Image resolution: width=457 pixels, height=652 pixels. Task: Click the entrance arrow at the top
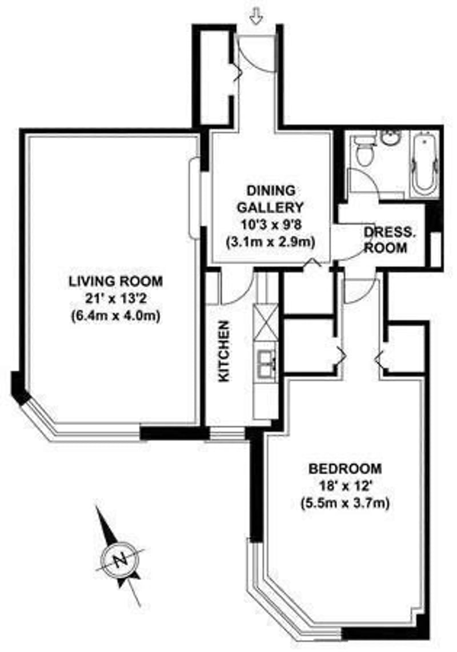coord(256,18)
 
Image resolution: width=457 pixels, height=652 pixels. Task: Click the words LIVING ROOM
coord(116,281)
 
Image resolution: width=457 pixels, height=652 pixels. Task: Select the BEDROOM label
coord(345,469)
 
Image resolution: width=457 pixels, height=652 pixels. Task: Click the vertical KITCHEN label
coord(224,351)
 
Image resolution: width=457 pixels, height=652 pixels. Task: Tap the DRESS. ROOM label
coord(386,240)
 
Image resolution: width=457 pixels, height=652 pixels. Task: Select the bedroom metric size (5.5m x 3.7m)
coord(345,504)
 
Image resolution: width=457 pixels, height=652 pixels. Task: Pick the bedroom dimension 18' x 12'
coord(345,486)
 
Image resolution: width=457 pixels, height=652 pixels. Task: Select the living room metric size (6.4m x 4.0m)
coord(115,317)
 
